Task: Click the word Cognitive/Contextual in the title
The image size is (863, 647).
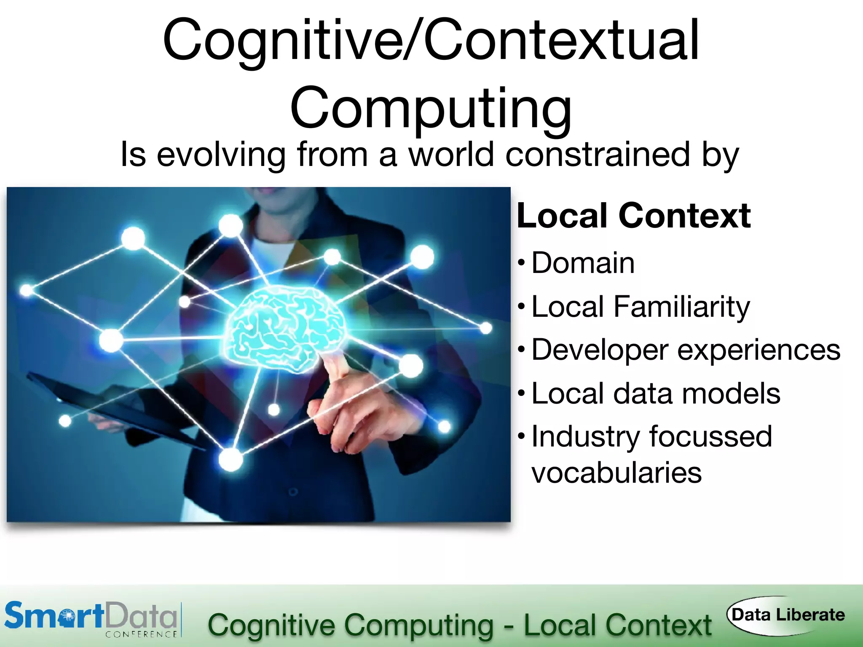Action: pos(431,41)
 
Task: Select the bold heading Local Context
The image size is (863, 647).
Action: pos(633,216)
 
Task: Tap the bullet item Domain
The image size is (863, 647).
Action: pos(583,263)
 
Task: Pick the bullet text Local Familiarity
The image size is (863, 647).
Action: pos(641,307)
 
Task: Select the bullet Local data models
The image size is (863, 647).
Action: pos(656,393)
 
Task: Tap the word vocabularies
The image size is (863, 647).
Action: pos(616,473)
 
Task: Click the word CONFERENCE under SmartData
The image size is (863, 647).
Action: pos(141,634)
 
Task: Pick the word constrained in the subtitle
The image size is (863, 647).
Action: pos(598,155)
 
